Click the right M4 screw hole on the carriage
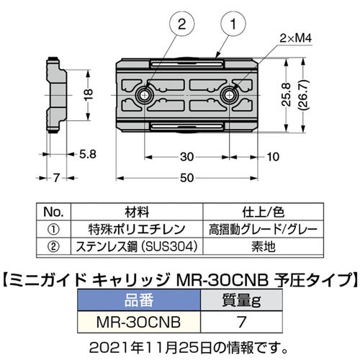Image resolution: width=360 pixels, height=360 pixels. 233,94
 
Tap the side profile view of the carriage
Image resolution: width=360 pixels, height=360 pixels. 55,94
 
